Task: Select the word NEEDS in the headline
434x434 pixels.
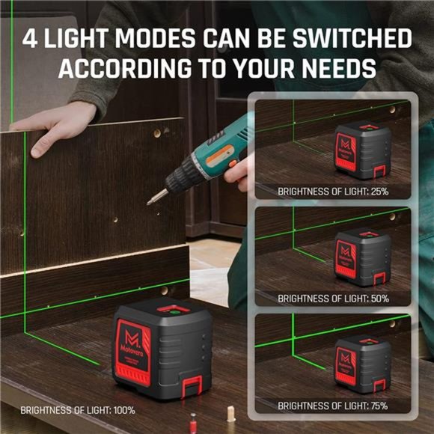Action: click(x=335, y=70)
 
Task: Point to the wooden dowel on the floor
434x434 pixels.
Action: click(x=231, y=414)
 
